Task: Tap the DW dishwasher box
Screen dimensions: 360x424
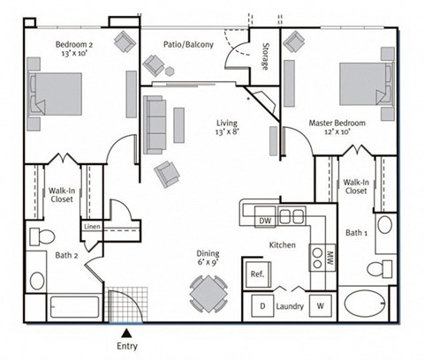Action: pos(264,217)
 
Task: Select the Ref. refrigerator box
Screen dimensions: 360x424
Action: pos(258,274)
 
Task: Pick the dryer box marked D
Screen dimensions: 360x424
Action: pos(261,307)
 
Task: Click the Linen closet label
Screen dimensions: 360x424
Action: pos(93,227)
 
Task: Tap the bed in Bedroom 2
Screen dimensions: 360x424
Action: pos(55,94)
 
